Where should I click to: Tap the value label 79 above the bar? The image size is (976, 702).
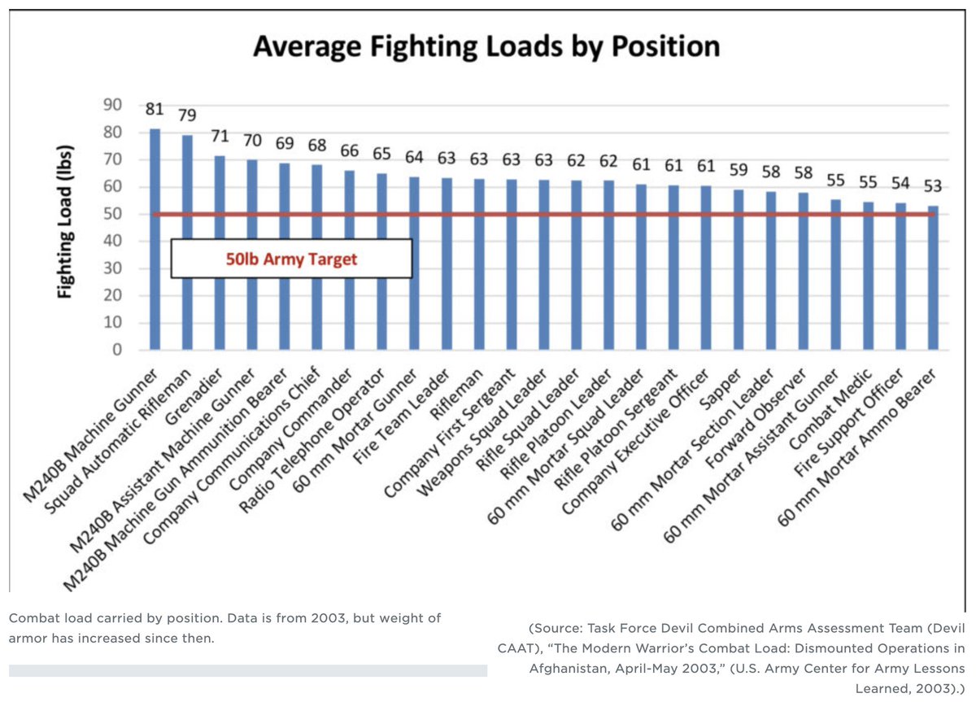[x=186, y=115]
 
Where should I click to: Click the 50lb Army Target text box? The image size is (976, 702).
[x=291, y=259]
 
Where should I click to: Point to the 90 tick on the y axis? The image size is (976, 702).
[x=111, y=105]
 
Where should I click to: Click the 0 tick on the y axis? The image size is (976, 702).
[x=117, y=351]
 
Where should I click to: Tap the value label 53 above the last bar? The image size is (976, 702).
[x=932, y=185]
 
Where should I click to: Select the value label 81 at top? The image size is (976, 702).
[x=155, y=109]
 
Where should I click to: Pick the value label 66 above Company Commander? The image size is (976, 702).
[x=348, y=150]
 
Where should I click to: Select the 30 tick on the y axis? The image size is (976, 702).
[x=112, y=268]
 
